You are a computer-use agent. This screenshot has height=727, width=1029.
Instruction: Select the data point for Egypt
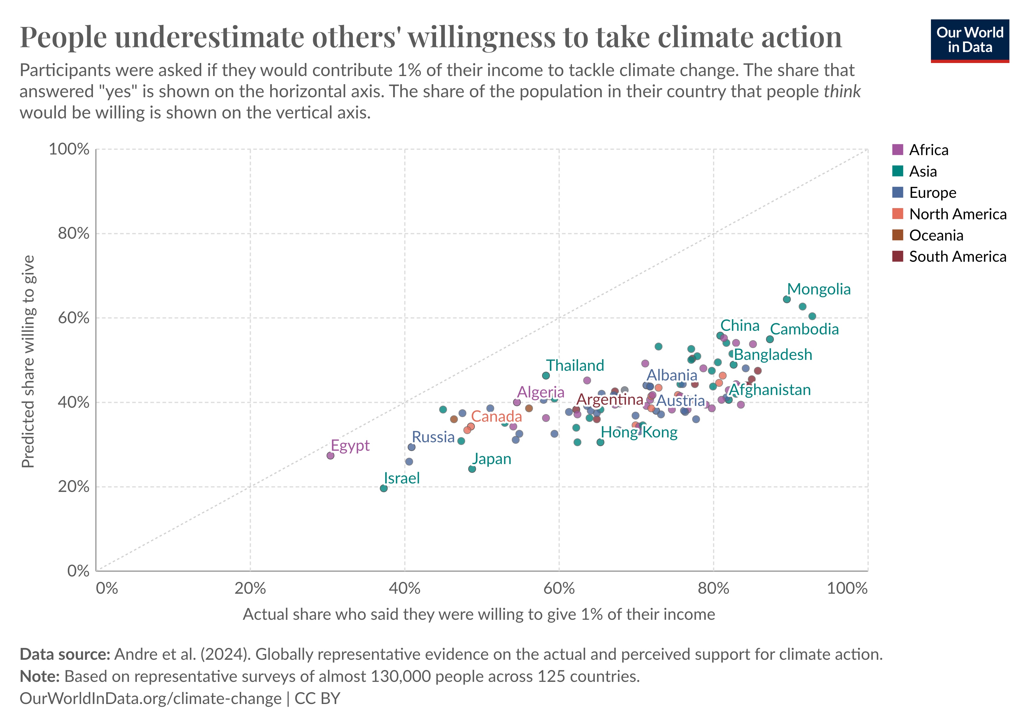pos(330,456)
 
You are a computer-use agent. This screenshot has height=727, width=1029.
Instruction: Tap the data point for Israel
pos(384,488)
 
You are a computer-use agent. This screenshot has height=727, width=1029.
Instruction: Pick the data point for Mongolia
pos(787,299)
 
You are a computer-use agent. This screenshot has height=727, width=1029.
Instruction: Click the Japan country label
pos(491,459)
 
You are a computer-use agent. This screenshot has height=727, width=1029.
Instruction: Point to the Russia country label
pos(433,437)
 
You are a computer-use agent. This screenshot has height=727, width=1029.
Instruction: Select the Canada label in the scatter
pos(496,417)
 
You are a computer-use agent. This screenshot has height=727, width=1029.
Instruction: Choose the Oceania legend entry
pos(935,235)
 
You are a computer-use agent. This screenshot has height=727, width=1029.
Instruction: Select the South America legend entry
pos(957,257)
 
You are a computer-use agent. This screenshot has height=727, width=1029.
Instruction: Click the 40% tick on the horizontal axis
pos(404,588)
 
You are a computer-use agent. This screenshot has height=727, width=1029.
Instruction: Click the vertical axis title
pos(28,361)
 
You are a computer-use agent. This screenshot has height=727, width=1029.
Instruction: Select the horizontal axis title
pos(479,614)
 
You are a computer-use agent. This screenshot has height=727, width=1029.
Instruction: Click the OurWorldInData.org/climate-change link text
pos(151,698)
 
